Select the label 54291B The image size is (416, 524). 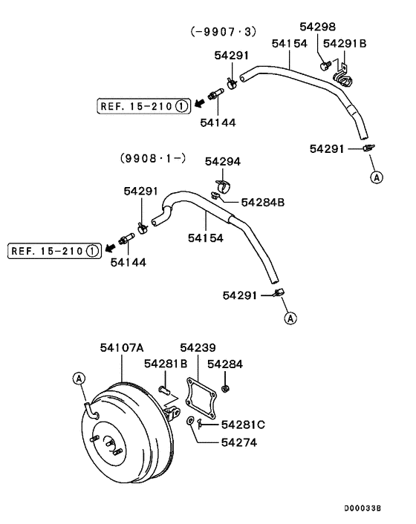(x=345, y=43)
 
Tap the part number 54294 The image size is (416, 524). (x=223, y=161)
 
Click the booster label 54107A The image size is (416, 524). (x=122, y=347)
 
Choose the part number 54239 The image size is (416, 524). (x=198, y=347)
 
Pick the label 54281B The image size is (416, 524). (x=166, y=364)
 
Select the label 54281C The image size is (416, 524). (x=244, y=424)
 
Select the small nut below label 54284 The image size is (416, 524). (x=227, y=388)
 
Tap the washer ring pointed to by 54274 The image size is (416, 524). (x=192, y=422)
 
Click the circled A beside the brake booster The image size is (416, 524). (x=79, y=379)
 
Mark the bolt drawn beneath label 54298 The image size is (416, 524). (x=325, y=65)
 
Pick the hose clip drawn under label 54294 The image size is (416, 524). (x=222, y=183)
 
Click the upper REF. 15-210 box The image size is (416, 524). (x=140, y=106)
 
